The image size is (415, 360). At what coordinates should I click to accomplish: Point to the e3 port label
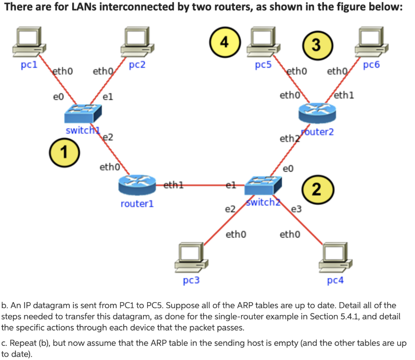coord(297,209)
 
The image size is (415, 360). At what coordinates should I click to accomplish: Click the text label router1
coord(137,204)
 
